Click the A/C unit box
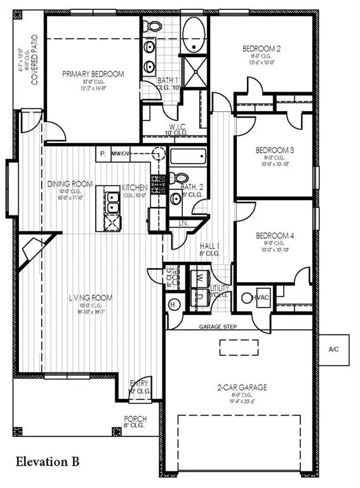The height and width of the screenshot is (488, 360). point(334,349)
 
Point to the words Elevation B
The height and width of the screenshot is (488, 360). point(48,460)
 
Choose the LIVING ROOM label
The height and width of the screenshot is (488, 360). point(91,297)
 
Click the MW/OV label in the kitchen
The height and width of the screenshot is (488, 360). point(121,154)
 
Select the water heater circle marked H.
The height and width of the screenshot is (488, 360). point(172,305)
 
